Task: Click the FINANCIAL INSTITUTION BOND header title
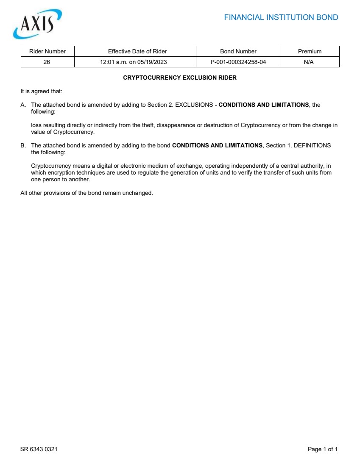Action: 281,17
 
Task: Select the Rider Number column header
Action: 47,51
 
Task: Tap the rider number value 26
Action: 47,62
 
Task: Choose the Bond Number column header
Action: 238,51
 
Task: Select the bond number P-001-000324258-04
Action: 238,62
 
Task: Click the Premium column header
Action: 310,51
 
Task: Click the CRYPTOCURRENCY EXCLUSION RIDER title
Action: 180,78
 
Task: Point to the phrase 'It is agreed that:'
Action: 41,91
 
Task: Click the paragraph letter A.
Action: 23,105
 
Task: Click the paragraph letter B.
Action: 23,145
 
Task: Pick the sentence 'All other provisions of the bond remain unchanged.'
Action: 87,193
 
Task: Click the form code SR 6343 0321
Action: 39,449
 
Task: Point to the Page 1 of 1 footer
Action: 322,449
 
